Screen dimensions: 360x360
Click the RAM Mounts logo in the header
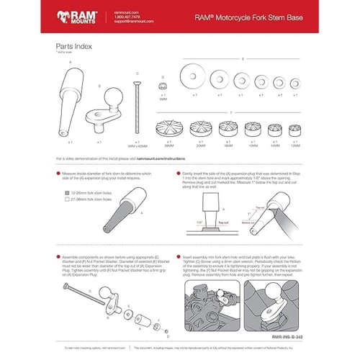[76, 16]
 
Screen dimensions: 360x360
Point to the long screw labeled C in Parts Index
[134, 107]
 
